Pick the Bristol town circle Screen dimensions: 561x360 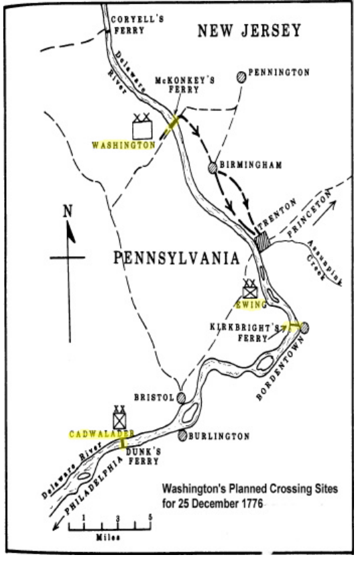point(181,397)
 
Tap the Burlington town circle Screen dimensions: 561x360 point(182,436)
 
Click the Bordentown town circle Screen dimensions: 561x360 point(304,328)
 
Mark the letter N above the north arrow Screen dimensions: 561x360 point(67,210)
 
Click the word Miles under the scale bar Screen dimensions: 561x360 point(117,537)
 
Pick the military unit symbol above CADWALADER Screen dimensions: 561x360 point(120,419)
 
